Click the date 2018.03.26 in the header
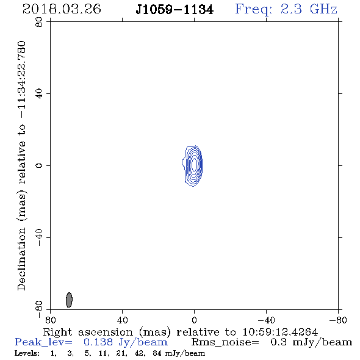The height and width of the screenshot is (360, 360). (62, 9)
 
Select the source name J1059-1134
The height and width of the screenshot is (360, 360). (175, 10)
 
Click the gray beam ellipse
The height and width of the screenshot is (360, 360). (69, 300)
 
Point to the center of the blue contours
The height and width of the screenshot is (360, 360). (194, 165)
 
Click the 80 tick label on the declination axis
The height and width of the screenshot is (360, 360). (39, 22)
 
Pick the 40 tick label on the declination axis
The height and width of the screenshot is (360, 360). (39, 94)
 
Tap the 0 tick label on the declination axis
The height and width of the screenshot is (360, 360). (39, 165)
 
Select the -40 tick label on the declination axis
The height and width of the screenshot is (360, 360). (39, 237)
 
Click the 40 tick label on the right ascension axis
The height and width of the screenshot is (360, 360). (122, 320)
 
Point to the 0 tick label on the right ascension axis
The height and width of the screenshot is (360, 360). (194, 320)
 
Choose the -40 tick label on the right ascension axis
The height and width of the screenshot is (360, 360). (266, 320)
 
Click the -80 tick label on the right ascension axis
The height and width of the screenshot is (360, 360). (338, 320)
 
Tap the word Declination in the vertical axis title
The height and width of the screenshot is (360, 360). (21, 259)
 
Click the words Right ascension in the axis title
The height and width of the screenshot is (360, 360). (88, 332)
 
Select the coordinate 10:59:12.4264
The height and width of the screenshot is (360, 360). (280, 332)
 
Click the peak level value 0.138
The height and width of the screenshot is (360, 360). (98, 342)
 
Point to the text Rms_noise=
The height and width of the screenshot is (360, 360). (225, 342)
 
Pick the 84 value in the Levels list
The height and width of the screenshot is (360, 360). (157, 353)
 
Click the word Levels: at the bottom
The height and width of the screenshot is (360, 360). (27, 353)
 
